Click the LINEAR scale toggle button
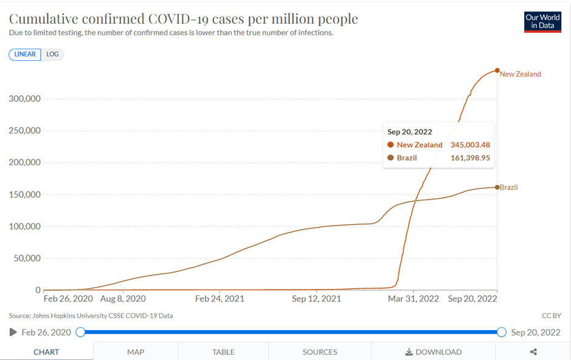[x=26, y=54]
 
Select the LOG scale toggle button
[x=53, y=54]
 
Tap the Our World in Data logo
[x=542, y=22]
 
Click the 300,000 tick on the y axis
[x=24, y=99]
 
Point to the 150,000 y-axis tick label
[x=24, y=195]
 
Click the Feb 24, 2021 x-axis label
[x=220, y=299]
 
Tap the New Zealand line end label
[x=520, y=74]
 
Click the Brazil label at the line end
[x=508, y=187]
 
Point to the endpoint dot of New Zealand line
[x=497, y=71]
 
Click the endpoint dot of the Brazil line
[x=497, y=187]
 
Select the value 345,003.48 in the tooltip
[x=470, y=145]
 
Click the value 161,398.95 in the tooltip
[x=470, y=158]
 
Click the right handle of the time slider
[x=501, y=332]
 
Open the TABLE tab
[x=223, y=351]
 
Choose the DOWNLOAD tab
[x=434, y=351]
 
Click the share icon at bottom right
[x=533, y=351]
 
